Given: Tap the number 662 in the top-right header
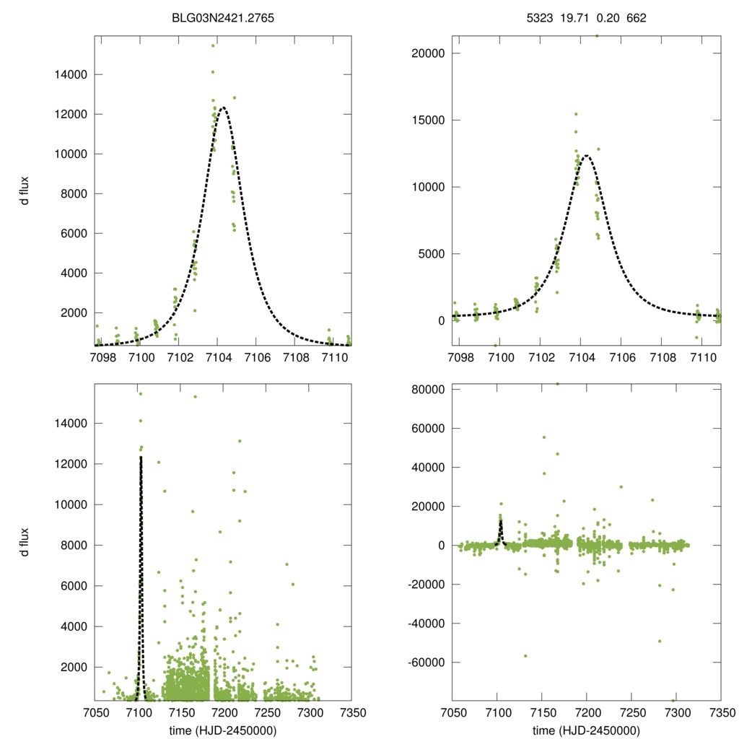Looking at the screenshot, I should click(637, 16).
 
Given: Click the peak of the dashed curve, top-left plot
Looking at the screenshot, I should click(223, 108).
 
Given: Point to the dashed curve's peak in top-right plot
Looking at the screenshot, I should click(587, 155).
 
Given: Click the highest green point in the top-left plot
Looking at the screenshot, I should click(213, 45).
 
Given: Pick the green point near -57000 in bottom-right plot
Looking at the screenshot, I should click(525, 655).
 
